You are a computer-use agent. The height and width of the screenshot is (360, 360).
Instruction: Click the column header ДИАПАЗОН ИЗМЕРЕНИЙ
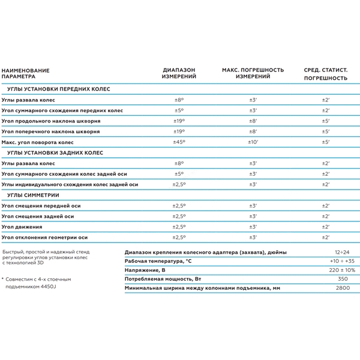(x=178, y=74)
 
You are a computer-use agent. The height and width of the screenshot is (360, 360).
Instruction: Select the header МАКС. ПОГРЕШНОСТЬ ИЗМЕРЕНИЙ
(x=253, y=74)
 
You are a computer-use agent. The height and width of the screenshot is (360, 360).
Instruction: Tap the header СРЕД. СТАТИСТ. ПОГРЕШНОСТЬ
(x=325, y=74)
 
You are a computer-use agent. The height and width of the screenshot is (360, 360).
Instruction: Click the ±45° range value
(x=178, y=142)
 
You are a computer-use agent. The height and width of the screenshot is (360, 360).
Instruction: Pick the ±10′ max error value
(x=253, y=142)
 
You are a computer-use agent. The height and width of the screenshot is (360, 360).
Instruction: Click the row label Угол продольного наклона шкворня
(x=51, y=121)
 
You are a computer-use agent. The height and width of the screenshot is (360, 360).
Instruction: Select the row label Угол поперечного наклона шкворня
(x=51, y=131)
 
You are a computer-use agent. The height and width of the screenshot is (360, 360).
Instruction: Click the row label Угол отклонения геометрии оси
(x=44, y=237)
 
